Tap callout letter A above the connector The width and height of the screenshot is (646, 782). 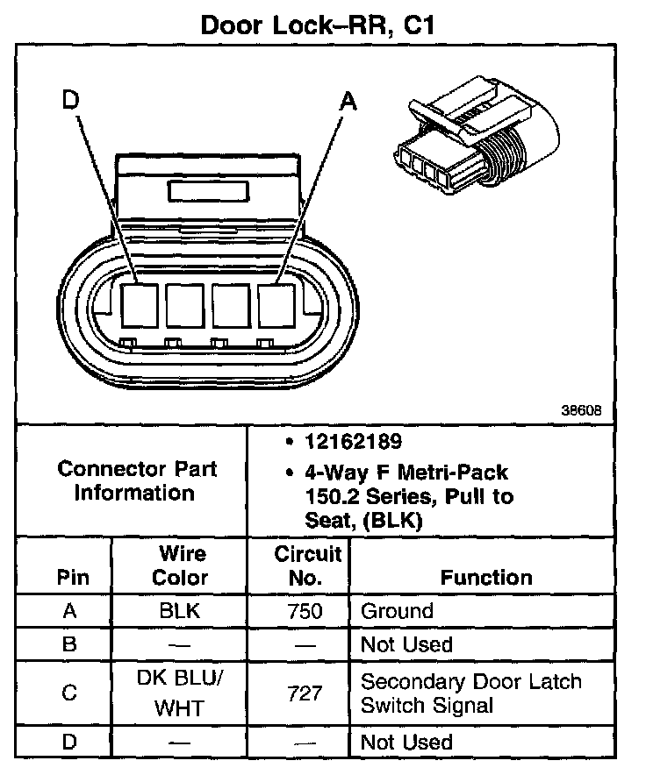348,102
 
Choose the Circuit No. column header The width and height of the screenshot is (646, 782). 307,565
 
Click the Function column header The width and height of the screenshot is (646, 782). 486,578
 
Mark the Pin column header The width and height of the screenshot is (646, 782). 71,578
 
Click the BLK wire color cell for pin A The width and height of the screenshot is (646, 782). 180,611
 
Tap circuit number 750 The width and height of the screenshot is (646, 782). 306,611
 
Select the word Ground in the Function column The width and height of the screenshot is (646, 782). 397,611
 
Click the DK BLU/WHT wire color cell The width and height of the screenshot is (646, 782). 180,693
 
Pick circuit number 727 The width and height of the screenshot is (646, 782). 306,693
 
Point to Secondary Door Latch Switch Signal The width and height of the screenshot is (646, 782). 471,693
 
